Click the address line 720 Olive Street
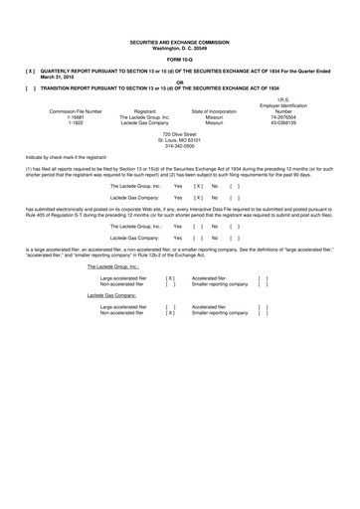[180, 132]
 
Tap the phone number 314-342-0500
[180, 144]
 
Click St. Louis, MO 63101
[180, 138]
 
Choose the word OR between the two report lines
[180, 81]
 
